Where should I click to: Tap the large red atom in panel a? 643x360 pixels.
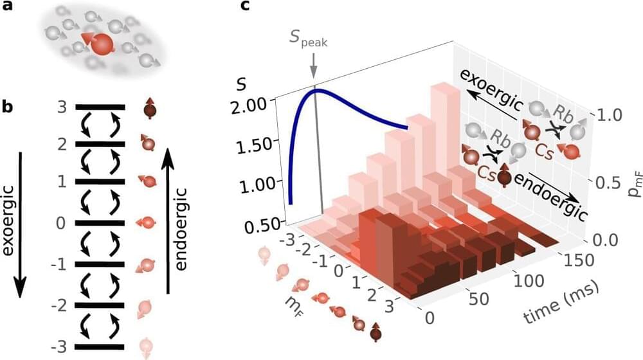point(101,44)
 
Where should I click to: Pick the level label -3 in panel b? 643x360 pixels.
point(59,347)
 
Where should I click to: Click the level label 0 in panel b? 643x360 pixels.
point(62,224)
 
